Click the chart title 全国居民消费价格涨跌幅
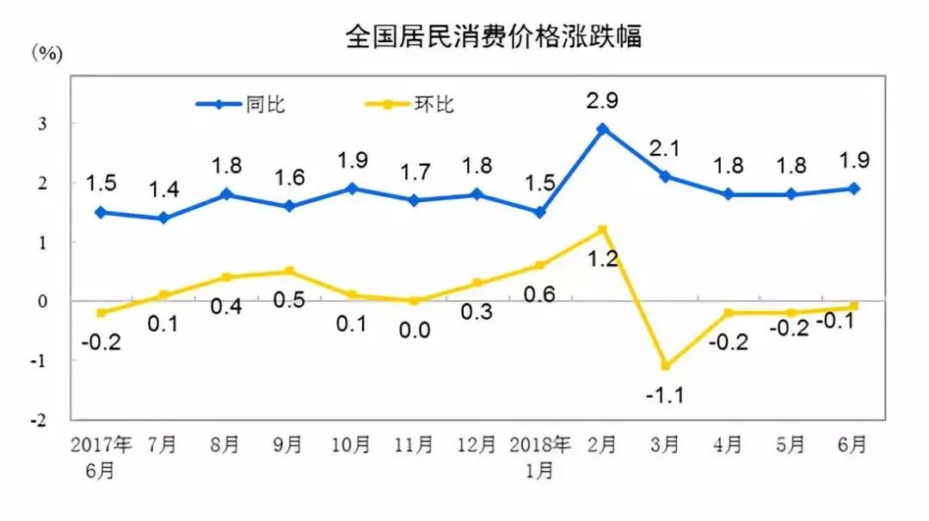coord(493,37)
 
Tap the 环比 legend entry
coord(434,105)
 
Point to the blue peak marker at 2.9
coord(603,129)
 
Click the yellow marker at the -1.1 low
coord(666,365)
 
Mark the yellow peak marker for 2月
coord(603,230)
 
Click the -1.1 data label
coord(666,396)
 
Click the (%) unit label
coord(48,53)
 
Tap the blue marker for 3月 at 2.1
coord(666,176)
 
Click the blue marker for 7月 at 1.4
coord(164,218)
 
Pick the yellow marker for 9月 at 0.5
coord(289,271)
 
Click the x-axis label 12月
coord(477,445)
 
